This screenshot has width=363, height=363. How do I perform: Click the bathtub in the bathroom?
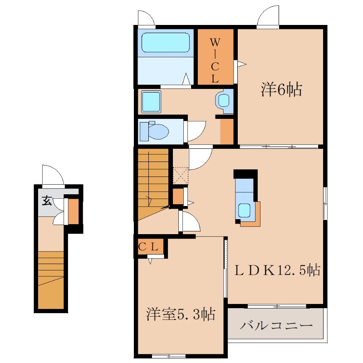165,42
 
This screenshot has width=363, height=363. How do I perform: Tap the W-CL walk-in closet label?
215,61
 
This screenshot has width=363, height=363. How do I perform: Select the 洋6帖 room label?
281,89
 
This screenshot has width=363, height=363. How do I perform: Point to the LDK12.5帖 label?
278,270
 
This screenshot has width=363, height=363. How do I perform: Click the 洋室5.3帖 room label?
181,314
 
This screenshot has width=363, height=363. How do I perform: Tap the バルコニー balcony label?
276,326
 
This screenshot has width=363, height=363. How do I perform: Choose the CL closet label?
148,247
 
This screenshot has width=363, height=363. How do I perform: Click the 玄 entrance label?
47,201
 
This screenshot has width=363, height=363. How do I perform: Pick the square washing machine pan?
151,102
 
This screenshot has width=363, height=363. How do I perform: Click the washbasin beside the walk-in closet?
224,101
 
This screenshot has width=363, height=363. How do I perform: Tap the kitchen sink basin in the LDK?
244,210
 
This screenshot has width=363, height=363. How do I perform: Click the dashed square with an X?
181,176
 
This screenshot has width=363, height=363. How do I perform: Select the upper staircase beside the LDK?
153,184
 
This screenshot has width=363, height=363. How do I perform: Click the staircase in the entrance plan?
51,280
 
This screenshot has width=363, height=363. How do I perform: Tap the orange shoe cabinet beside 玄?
74,211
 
